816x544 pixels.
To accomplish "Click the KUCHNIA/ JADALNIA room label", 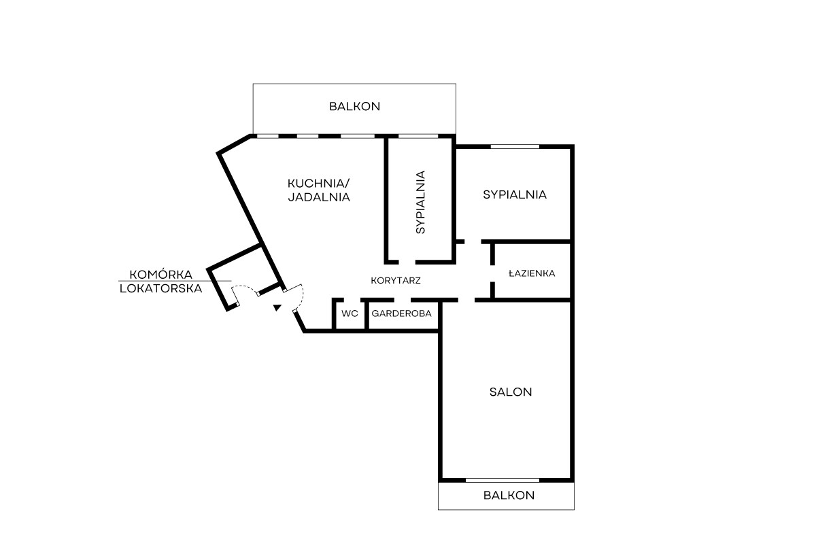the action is (x=319, y=190).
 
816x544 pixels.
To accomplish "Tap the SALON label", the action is (x=511, y=392).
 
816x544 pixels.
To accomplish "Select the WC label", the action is (x=350, y=313).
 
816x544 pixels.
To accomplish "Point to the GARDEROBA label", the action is (x=401, y=313).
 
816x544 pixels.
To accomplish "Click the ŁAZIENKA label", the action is (x=532, y=273).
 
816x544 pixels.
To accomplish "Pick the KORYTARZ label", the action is (x=396, y=281).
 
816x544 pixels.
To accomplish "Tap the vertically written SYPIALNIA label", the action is (x=420, y=202).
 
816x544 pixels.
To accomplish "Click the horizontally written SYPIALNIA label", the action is (x=515, y=195).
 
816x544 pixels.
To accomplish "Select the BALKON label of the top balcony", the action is (x=354, y=106).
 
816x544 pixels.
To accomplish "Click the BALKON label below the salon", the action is (x=509, y=495).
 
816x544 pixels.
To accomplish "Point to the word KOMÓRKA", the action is (x=160, y=274).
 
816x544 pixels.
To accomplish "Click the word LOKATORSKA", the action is (x=160, y=288).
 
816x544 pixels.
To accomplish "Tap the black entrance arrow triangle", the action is (x=277, y=307).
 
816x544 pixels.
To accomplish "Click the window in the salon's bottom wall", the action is (x=503, y=480).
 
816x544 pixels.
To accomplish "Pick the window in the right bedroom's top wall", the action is (x=515, y=146).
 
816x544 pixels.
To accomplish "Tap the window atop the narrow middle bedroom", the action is (x=418, y=136).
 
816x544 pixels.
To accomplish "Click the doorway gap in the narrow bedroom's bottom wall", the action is (x=407, y=262).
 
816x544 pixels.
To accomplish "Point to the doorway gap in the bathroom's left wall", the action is (x=492, y=273).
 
